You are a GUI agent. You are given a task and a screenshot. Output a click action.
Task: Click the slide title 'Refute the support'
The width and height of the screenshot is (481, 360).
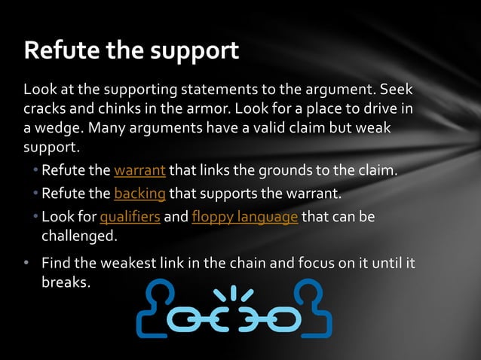coord(132,50)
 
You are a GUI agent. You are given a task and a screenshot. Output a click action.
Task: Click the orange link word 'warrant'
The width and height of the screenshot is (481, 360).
coord(139,169)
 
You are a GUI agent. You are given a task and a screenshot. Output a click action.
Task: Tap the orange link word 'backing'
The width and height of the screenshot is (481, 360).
coord(139,194)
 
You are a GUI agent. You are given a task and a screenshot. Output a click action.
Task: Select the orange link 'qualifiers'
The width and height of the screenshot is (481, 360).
coord(130,218)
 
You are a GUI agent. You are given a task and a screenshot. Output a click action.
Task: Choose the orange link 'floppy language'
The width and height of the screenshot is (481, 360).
coord(245,218)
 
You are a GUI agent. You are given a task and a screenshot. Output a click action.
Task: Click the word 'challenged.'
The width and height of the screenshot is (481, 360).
coord(79,236)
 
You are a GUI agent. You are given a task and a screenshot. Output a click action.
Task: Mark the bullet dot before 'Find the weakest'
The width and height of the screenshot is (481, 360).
coord(26,263)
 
